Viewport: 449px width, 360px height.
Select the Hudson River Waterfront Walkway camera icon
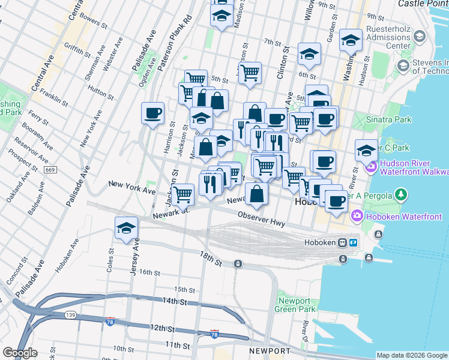click(x=372, y=166)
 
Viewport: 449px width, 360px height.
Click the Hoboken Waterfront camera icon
click(x=357, y=214)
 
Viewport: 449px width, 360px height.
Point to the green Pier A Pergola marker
click(x=402, y=195)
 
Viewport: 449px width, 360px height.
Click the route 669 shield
click(x=50, y=170)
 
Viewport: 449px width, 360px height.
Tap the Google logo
click(x=20, y=353)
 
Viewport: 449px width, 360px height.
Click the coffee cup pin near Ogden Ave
click(x=152, y=112)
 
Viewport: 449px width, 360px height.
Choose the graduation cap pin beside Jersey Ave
click(x=126, y=228)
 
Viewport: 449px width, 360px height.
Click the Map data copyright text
click(x=411, y=355)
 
